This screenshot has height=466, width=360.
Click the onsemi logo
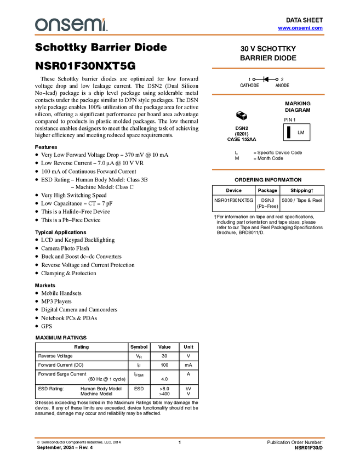[x=71, y=25]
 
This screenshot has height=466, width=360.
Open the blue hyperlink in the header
[x=300, y=28]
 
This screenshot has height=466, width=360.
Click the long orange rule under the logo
[x=180, y=35]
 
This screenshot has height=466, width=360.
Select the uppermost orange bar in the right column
[x=268, y=69]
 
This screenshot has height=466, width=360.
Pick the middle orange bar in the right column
[x=268, y=94]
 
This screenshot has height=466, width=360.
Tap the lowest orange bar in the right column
[x=268, y=169]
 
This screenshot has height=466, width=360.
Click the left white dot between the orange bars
[x=254, y=79]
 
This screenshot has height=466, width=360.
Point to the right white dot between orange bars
[x=277, y=79]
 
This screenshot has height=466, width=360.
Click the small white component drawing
[x=242, y=115]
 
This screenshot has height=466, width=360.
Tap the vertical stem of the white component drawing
[x=243, y=118]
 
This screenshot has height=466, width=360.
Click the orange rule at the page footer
[x=180, y=438]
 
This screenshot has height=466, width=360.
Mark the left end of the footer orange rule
[x=35, y=438]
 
